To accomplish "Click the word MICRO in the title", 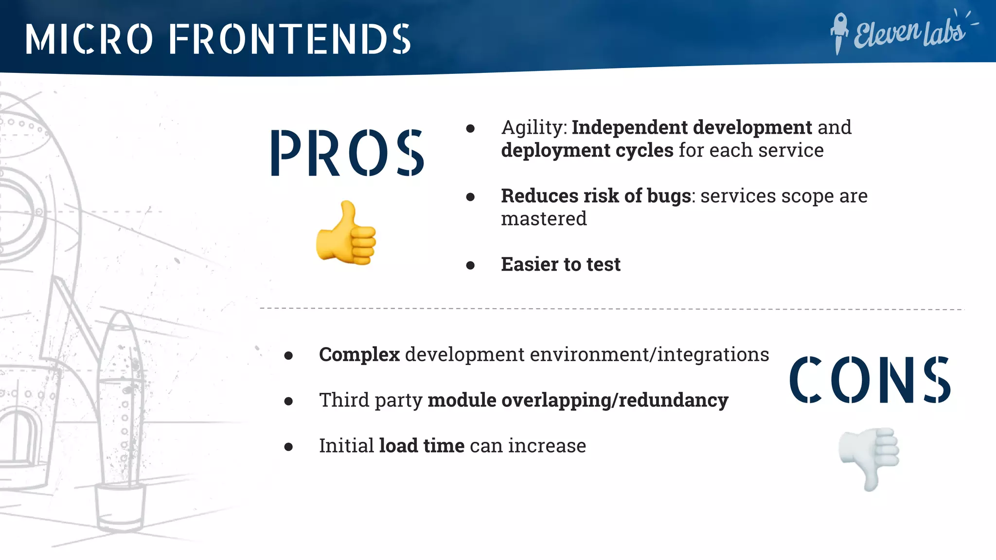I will coord(89,39).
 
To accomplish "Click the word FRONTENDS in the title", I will coord(290,39).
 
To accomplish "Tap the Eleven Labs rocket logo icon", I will coord(838,33).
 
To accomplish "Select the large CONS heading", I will coord(870,380).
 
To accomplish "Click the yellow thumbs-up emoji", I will coord(346,234).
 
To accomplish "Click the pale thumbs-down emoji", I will coord(870,458).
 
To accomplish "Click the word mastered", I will coord(544,219).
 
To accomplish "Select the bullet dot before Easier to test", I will coord(470,265).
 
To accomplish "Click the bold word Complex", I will coord(359,354).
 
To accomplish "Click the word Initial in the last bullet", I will coord(346,446).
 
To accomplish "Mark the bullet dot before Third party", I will coord(288,401).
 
